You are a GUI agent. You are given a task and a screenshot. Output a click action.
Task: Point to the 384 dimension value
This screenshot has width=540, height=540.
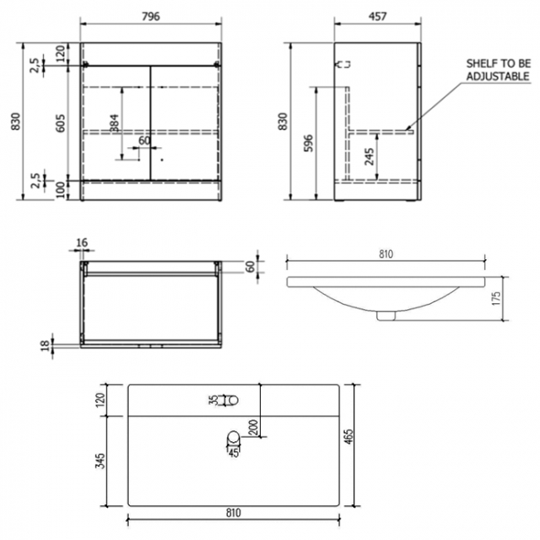pos(114,123)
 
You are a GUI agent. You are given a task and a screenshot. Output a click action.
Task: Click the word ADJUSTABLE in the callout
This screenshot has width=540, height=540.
pos(497,76)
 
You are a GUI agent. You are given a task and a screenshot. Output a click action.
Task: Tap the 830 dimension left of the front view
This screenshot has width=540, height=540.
pos(12,122)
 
